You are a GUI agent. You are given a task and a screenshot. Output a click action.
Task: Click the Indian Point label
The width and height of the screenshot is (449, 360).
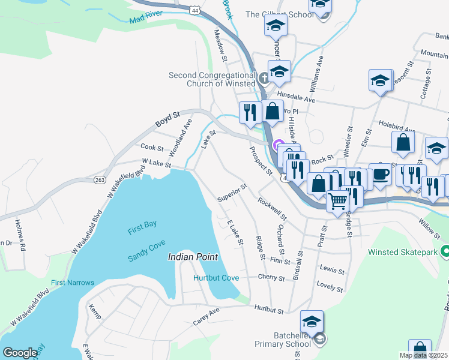(x=192, y=257)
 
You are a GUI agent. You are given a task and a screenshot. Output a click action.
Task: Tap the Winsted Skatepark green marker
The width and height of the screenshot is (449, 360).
(x=445, y=251)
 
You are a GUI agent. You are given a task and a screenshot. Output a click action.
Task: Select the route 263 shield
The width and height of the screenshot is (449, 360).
(x=100, y=179)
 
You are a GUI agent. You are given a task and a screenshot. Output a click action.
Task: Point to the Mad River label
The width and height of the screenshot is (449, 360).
(x=145, y=20)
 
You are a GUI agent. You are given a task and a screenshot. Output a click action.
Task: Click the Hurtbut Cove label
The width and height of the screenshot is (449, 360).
(x=216, y=278)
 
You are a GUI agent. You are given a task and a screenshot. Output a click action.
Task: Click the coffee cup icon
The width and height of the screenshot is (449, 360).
(x=380, y=173)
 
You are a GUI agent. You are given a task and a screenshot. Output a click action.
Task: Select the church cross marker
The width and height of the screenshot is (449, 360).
(x=263, y=78)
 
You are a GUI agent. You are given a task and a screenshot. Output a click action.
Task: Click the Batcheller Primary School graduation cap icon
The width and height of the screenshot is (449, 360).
(x=312, y=322)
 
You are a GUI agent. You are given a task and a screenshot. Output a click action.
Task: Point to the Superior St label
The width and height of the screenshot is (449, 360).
(x=232, y=193)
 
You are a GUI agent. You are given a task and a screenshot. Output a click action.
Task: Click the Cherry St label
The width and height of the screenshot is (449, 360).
(x=271, y=278)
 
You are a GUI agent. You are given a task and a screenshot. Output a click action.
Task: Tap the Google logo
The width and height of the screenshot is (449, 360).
(x=20, y=353)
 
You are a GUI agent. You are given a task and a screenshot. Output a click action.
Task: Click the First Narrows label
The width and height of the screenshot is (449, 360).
(x=73, y=283)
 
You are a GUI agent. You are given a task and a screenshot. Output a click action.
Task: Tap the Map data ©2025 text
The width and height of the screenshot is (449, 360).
(x=423, y=355)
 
